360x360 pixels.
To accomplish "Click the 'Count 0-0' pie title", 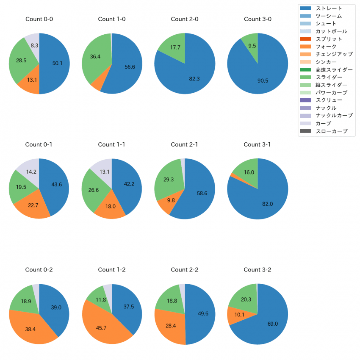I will point(39,19).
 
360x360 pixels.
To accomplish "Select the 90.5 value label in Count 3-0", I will point(263,80).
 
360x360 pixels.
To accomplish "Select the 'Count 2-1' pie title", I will point(185,144).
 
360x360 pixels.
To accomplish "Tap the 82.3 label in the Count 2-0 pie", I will point(194,79).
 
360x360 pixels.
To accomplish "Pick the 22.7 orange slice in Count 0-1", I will point(33,205).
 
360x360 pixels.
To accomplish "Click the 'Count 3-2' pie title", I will point(258,270).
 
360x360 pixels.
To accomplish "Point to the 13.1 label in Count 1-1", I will point(104,172).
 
